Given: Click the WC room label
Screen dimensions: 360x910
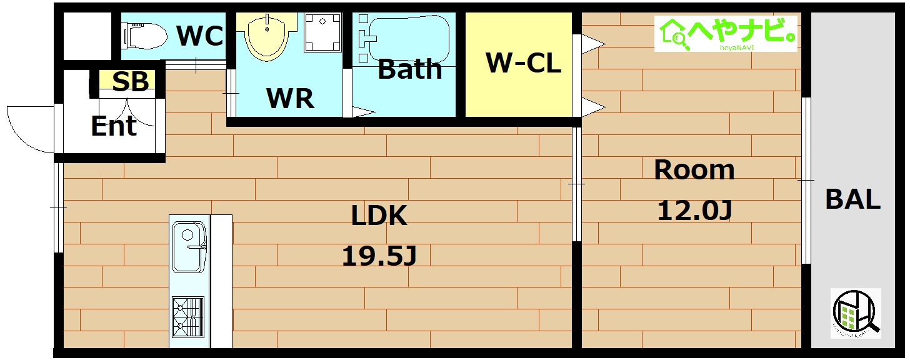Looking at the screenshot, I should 199,36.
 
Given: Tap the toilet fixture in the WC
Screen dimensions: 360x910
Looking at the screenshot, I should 145,36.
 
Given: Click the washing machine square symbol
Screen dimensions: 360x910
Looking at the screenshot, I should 324,33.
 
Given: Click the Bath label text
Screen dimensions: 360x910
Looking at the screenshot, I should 409,69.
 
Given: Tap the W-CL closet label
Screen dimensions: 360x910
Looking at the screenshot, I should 523,62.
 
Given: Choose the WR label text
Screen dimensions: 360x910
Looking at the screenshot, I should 290,98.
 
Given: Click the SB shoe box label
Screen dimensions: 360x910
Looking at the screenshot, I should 131,82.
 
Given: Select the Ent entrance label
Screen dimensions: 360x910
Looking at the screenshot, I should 114,126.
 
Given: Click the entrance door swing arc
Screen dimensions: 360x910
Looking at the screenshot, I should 25,128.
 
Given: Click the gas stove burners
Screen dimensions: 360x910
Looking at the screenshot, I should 187,317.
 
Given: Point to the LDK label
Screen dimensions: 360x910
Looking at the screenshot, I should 379,216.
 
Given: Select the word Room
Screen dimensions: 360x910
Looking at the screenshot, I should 694,170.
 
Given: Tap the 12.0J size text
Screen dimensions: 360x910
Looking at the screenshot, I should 694,211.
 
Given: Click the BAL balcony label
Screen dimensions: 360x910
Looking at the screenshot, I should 852,199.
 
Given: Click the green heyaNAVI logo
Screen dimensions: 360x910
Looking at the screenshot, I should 726,33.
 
